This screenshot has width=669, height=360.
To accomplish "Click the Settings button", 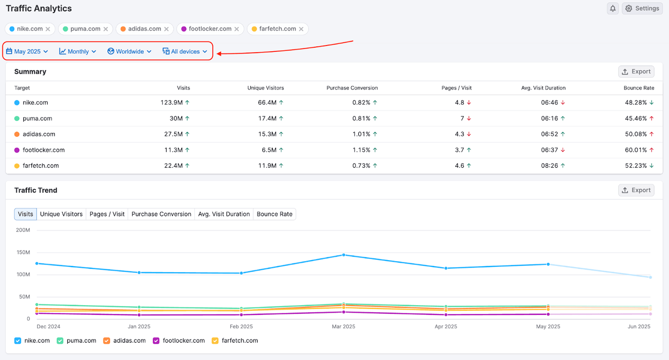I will click(x=642, y=8).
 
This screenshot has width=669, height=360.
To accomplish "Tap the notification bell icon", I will click(x=613, y=8).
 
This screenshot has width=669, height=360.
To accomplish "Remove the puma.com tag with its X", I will click(x=106, y=29).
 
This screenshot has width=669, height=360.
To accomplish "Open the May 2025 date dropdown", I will click(x=27, y=52).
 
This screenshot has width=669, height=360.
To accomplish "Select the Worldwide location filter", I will click(x=129, y=52).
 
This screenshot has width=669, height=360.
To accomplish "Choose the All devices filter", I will click(x=185, y=52).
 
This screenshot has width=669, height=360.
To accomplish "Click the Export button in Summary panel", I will click(x=636, y=71).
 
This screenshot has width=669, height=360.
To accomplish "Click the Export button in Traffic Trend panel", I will click(x=636, y=190).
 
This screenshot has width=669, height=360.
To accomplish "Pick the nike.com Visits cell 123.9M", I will click(x=172, y=103).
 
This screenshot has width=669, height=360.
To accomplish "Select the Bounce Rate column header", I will click(x=639, y=88).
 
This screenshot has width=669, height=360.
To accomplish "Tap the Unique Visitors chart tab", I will click(x=62, y=214).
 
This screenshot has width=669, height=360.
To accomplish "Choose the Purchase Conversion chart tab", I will click(x=161, y=214).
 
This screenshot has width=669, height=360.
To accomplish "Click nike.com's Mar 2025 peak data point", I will click(x=343, y=255).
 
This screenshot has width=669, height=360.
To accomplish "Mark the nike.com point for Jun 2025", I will click(x=650, y=277).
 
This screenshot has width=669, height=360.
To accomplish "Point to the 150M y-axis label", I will click(x=22, y=252).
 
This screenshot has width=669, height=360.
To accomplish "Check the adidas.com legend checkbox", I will click(x=107, y=341).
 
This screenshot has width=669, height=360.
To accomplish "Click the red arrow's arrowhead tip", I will click(x=217, y=54).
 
